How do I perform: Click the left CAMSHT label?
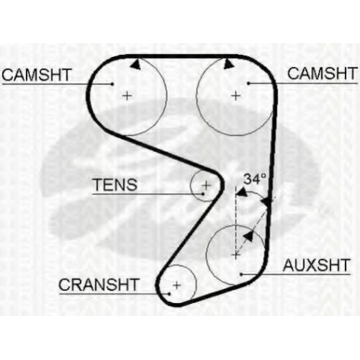pyautogui.click(x=37, y=75)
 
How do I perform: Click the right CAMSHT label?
pyautogui.click(x=323, y=73)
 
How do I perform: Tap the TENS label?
pyautogui.click(x=115, y=184)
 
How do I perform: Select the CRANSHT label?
pyautogui.click(x=99, y=284)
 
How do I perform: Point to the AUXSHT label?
pyautogui.click(x=317, y=265)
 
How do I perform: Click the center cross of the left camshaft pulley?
pyautogui.click(x=127, y=96)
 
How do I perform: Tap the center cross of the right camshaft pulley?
pyautogui.click(x=236, y=96)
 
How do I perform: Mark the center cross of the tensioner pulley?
pyautogui.click(x=206, y=185)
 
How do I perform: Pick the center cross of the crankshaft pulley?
pyautogui.click(x=177, y=285)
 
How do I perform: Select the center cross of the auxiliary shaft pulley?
pyautogui.click(x=236, y=255)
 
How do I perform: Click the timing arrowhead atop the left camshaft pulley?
pyautogui.click(x=136, y=65)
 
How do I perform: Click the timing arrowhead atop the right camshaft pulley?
pyautogui.click(x=228, y=63)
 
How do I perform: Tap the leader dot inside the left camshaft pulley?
pyautogui.click(x=112, y=84)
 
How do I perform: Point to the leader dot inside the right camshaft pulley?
pyautogui.click(x=249, y=84)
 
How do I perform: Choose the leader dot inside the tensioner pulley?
pyautogui.click(x=203, y=194)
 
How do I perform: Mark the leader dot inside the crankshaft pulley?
pyautogui.click(x=169, y=294)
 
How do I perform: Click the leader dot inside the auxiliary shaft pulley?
pyautogui.click(x=241, y=274)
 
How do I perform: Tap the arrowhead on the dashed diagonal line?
pyautogui.click(x=248, y=236)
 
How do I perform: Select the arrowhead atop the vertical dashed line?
pyautogui.click(x=242, y=192)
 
